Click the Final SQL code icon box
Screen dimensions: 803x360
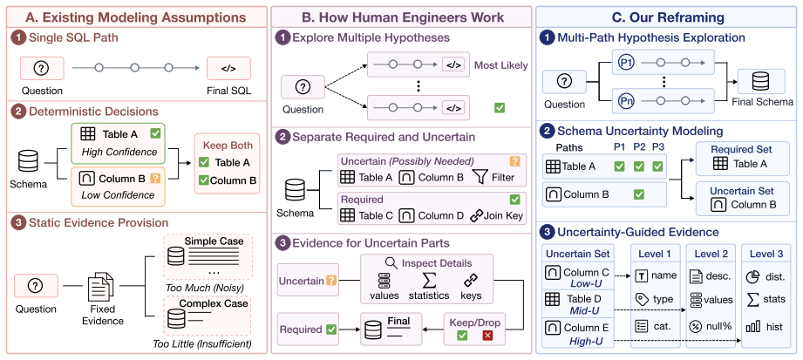point(229,68)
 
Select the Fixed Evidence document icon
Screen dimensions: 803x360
point(101,286)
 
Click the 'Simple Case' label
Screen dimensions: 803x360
point(207,241)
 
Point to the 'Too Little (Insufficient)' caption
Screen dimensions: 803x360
point(202,343)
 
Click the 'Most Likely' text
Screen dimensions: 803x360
point(500,65)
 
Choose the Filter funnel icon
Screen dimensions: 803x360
point(481,177)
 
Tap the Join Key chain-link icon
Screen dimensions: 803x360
point(477,215)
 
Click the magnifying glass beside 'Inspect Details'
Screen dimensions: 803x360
point(391,263)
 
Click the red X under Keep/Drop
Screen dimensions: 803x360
point(487,336)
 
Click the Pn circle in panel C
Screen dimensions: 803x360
point(626,99)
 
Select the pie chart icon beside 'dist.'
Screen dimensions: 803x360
point(753,276)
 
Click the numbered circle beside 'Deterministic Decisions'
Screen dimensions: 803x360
point(18,111)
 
